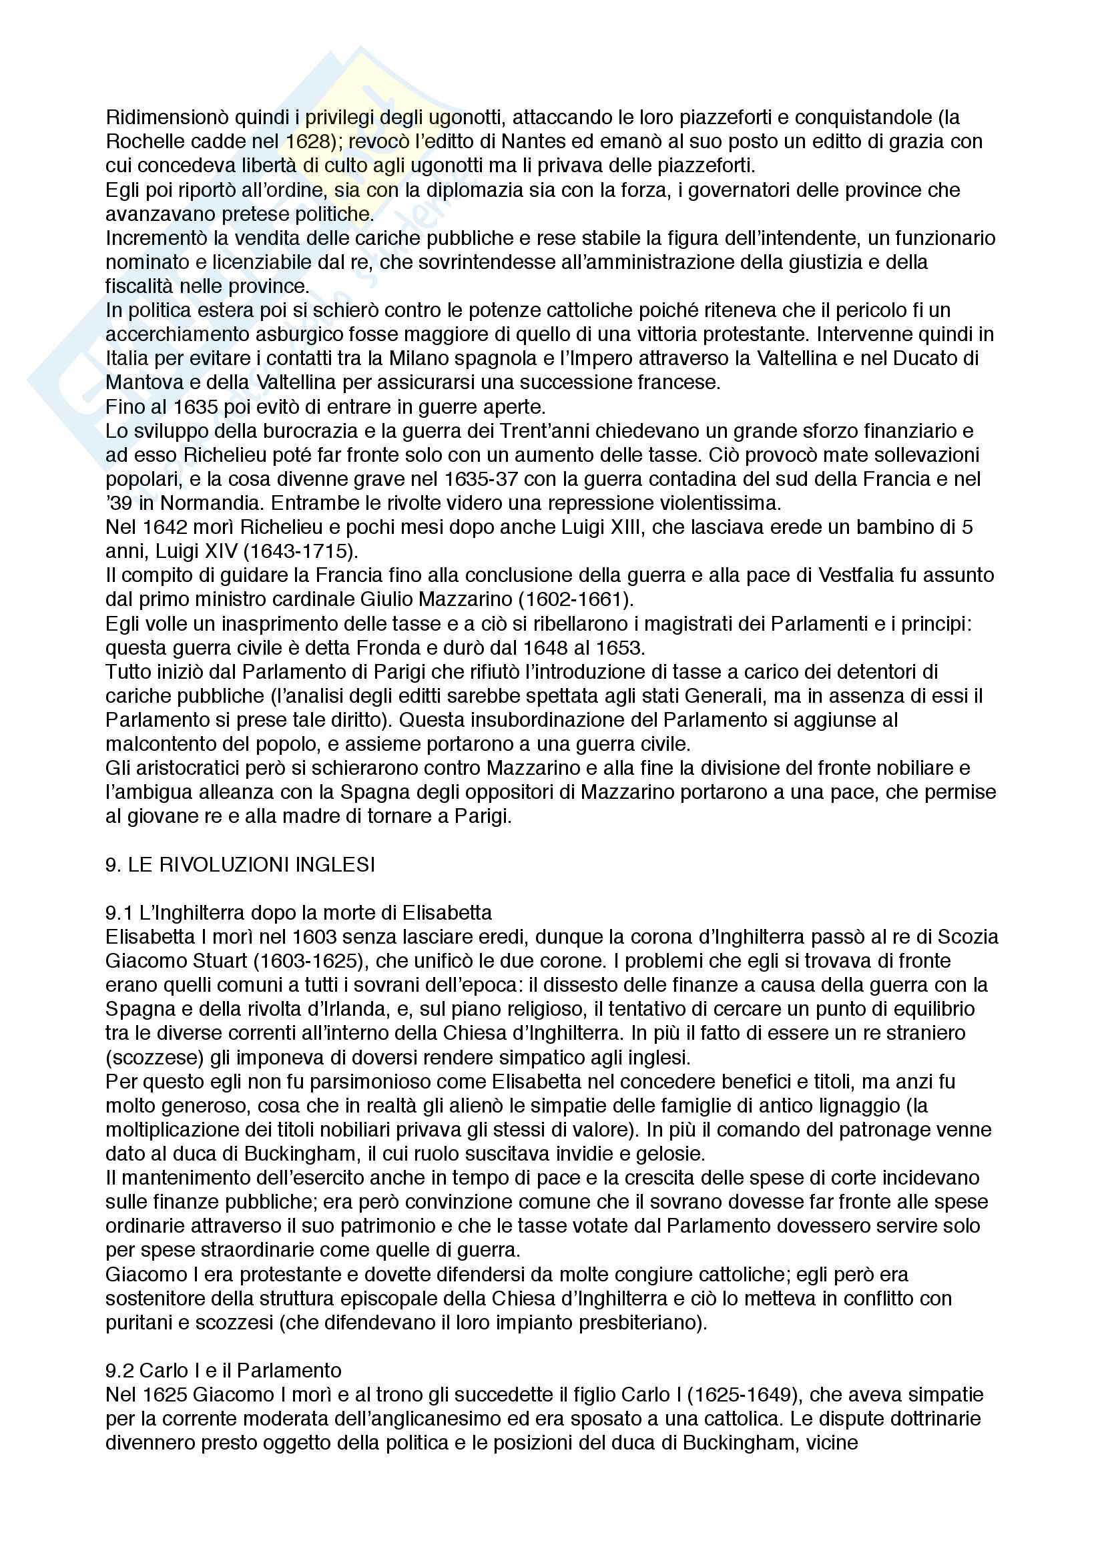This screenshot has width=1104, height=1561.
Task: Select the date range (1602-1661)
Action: [573, 600]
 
